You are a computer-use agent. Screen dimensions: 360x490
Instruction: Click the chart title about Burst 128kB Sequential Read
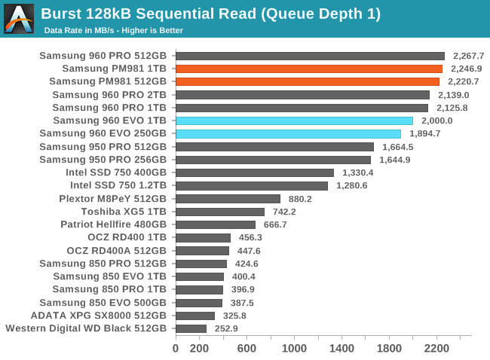click(210, 14)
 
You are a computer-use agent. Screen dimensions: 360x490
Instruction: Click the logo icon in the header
click(19, 19)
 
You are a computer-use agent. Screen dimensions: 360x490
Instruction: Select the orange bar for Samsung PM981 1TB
click(309, 69)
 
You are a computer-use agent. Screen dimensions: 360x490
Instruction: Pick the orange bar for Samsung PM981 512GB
click(308, 81)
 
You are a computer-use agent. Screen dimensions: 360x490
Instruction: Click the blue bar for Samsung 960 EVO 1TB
click(294, 121)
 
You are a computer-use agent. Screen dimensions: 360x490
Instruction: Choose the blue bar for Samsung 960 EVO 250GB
click(288, 133)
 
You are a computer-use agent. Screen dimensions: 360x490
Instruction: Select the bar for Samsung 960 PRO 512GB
click(310, 56)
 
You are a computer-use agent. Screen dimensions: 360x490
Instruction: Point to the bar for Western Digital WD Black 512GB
click(191, 328)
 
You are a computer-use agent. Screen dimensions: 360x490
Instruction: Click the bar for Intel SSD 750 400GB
click(255, 172)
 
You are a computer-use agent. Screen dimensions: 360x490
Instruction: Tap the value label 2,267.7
click(469, 56)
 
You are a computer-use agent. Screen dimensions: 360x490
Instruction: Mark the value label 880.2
click(300, 199)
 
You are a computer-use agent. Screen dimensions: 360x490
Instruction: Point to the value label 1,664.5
click(398, 147)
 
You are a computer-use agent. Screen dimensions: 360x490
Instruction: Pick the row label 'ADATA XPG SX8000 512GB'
click(99, 316)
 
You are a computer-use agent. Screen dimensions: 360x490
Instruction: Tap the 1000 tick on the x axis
click(294, 349)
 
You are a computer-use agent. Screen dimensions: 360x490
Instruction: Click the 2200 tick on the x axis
click(436, 349)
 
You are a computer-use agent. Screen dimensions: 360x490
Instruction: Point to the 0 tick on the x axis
click(176, 349)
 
